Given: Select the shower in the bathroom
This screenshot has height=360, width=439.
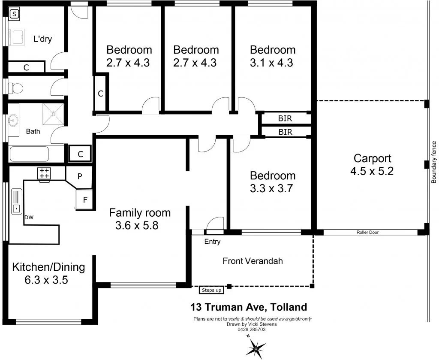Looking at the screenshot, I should [x=54, y=114].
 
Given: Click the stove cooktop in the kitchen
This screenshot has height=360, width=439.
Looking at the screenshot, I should [x=44, y=173].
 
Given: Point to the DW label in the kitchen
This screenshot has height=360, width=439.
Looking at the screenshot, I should [x=29, y=218].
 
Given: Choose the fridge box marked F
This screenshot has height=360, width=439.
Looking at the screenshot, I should [x=85, y=199].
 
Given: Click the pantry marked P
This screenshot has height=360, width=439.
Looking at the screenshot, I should [x=80, y=176].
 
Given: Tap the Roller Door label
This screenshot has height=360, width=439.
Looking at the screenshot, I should [x=367, y=232].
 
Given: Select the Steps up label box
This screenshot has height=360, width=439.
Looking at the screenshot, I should [x=211, y=290].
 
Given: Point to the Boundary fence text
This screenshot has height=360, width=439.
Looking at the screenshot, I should [x=433, y=162].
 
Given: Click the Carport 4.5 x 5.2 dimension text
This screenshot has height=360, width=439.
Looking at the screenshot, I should [x=372, y=171].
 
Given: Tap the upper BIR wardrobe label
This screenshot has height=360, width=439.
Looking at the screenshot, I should [x=285, y=118].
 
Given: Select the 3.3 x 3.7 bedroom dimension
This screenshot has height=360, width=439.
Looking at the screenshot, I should [x=273, y=188].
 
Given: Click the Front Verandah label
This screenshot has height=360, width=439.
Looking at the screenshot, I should [x=253, y=261].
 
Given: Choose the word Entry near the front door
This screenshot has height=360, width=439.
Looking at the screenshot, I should [x=212, y=242].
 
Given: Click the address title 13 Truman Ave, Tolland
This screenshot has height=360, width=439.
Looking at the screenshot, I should [x=249, y=307].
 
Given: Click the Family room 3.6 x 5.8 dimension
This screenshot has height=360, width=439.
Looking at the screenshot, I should [x=137, y=225].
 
